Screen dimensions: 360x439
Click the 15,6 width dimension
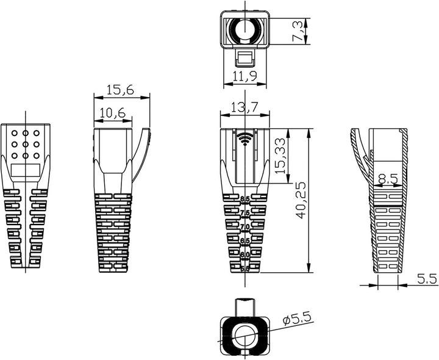pos(120,90)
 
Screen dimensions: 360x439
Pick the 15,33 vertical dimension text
pos(280,156)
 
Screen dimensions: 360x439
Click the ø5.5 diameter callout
pos(297,319)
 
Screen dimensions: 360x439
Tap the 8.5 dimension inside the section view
pos(388,179)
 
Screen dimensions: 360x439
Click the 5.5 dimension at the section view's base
pos(427,279)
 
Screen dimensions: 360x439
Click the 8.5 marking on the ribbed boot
pos(245,199)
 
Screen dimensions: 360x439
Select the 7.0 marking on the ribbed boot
pos(245,226)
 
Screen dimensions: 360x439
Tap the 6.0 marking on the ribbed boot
pos(245,254)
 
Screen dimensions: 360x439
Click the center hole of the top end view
pos(244,29)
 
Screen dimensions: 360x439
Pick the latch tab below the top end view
pos(244,59)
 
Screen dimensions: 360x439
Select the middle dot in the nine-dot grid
pos(26,144)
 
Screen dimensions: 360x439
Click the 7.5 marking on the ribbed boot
pos(245,213)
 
